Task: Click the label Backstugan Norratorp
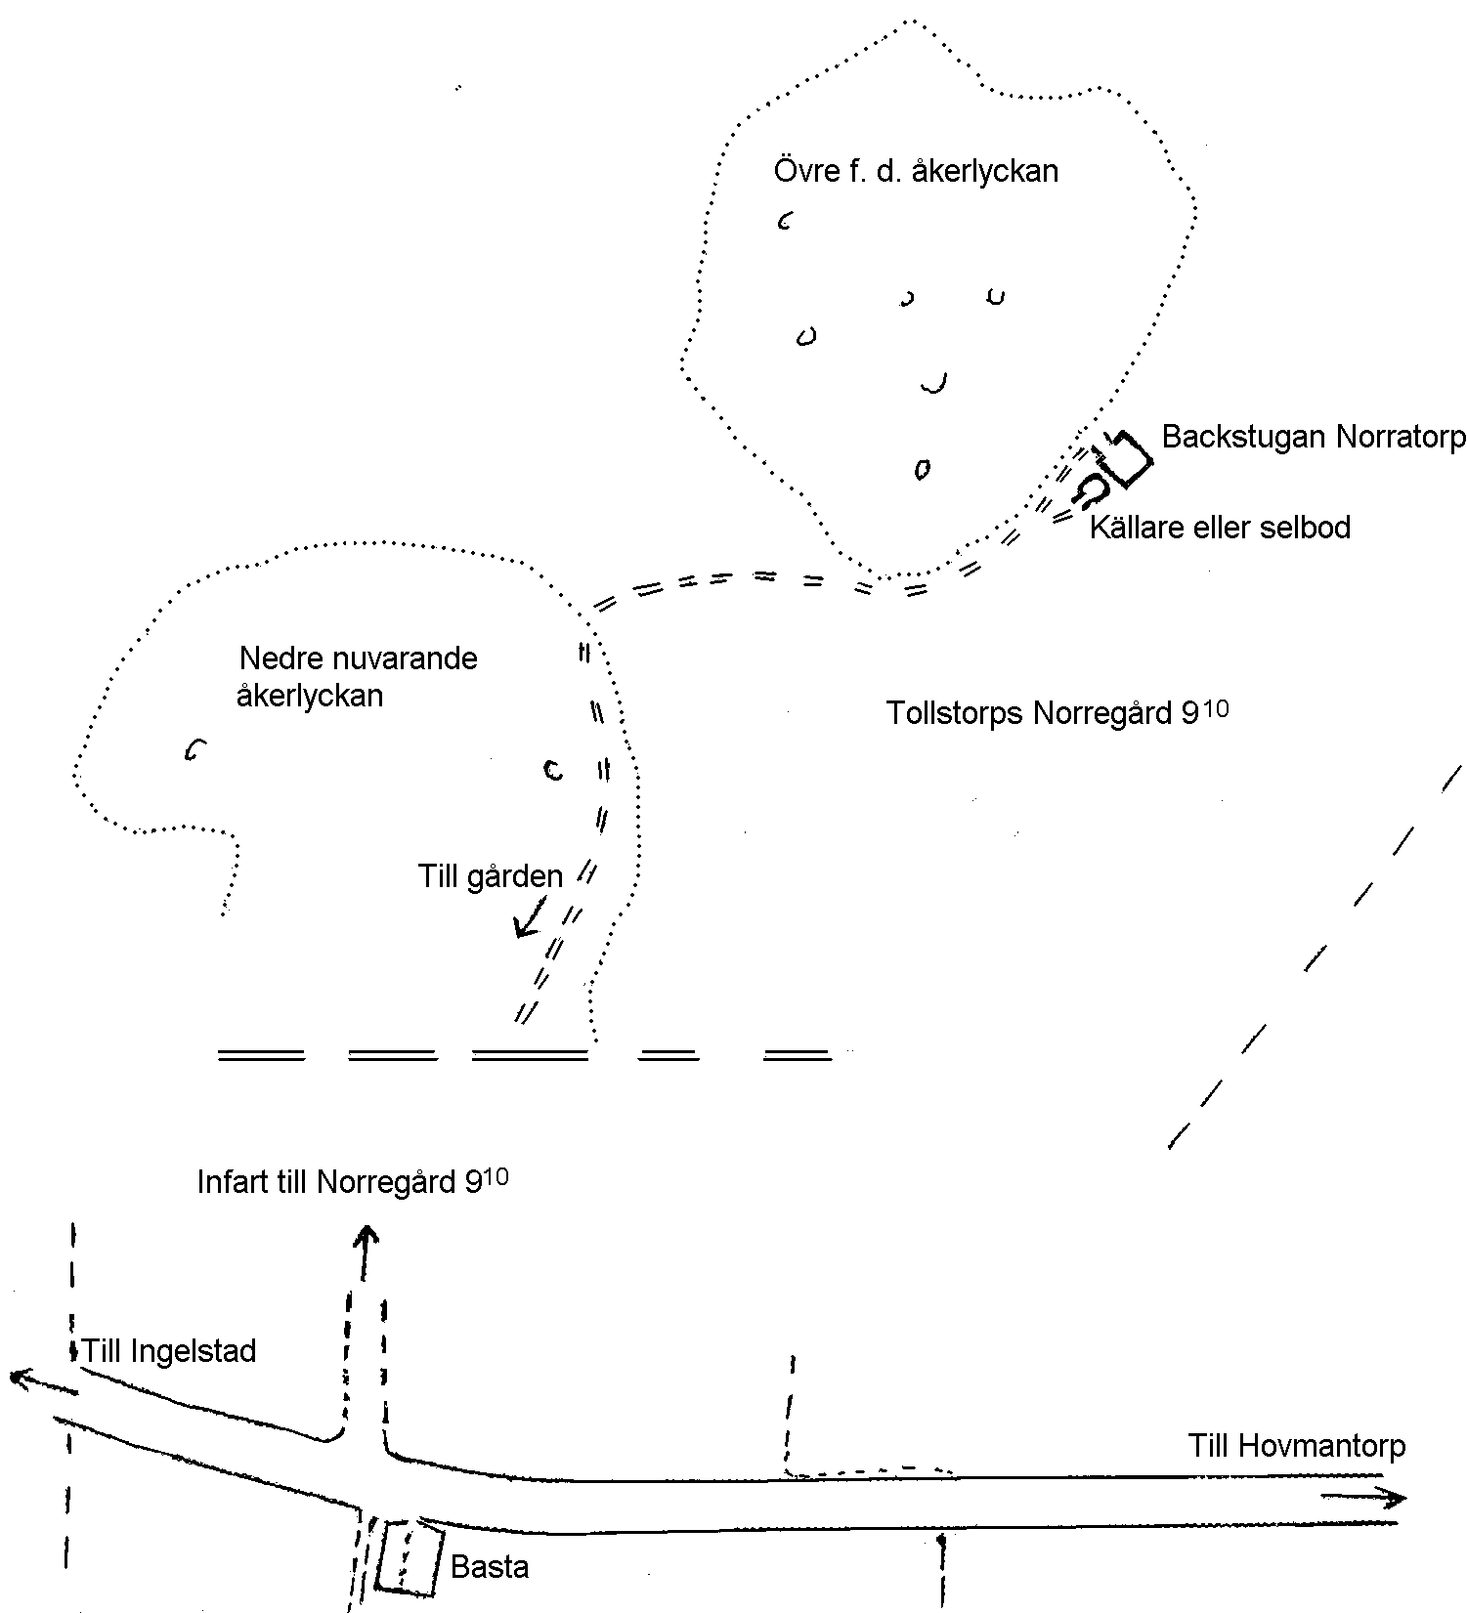point(1314,437)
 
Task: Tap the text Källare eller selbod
point(1220,528)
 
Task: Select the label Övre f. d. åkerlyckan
point(916,171)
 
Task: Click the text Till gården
point(491,876)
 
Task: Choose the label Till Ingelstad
point(169,1352)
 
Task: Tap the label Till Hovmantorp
point(1297,1446)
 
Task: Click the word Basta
point(490,1568)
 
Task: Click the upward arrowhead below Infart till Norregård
point(366,1238)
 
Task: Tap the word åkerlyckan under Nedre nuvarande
point(310,697)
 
